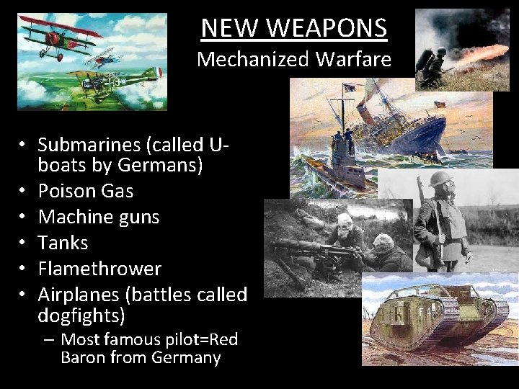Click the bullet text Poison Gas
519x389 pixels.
pos(85,191)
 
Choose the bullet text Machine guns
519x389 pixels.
pos(98,217)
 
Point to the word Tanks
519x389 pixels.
pos(63,243)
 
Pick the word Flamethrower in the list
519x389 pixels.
pos(99,269)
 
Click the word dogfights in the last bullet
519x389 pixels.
pos(79,316)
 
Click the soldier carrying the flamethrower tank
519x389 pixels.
pos(433,64)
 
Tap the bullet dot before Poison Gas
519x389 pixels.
pos(25,192)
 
